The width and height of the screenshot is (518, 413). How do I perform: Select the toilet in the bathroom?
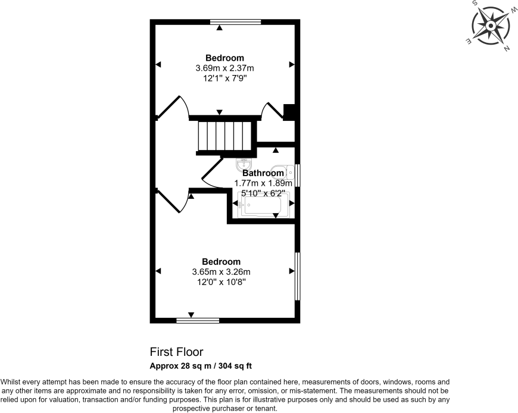[282, 172]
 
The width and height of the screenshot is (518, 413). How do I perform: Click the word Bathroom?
[263, 174]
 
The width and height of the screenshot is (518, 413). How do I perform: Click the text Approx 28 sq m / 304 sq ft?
[204, 365]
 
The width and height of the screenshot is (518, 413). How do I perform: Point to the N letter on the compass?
[507, 49]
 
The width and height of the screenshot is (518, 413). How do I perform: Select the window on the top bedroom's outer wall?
[236, 22]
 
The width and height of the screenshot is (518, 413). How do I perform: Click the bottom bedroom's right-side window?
[298, 276]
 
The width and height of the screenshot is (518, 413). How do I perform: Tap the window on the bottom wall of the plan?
[198, 320]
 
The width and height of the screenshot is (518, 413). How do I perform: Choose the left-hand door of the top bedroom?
[174, 107]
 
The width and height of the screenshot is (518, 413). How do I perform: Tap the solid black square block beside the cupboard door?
[289, 112]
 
